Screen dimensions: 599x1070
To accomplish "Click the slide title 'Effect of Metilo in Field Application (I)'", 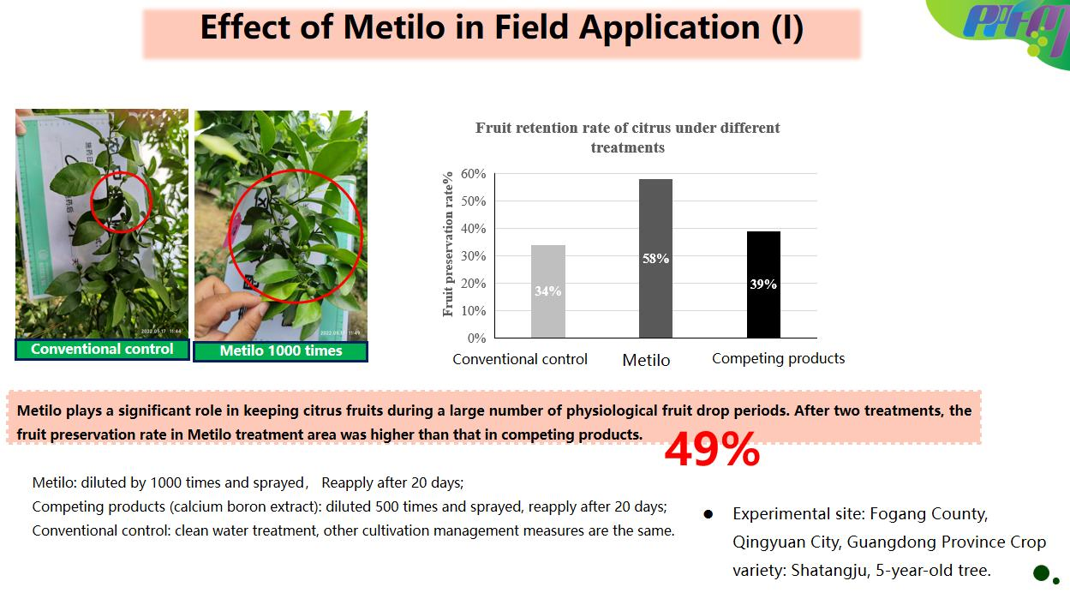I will point(501,28).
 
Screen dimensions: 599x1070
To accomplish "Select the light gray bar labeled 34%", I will point(548,291).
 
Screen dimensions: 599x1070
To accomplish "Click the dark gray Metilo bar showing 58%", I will point(655,258).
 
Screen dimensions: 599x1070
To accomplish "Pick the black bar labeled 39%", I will point(763,284).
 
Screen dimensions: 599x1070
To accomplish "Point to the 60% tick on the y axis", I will point(474,174).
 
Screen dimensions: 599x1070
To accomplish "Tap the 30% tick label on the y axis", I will point(474,256).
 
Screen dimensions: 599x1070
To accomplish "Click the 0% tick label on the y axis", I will point(477,338).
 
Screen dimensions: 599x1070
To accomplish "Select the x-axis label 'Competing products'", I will point(778,359).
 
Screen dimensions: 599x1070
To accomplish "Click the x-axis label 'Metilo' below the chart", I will point(646,361).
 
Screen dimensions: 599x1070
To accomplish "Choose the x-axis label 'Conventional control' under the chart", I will point(520,360).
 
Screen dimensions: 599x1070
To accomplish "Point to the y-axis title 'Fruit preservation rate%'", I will point(448,244).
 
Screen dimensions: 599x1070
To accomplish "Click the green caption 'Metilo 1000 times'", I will point(280,350).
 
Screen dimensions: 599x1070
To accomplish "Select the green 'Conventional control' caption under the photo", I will point(102,349).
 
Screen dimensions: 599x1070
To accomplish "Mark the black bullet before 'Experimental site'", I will point(708,515).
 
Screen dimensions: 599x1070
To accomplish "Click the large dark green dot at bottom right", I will point(1041,572).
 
